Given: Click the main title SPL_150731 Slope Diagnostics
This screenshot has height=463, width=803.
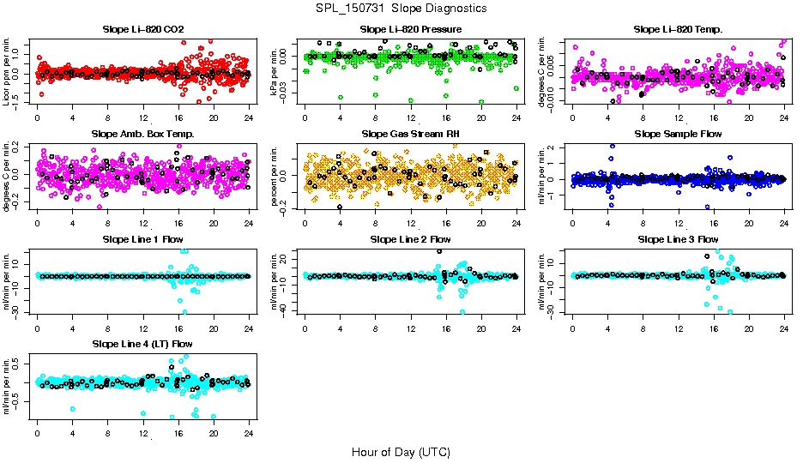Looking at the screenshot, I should click(x=401, y=8).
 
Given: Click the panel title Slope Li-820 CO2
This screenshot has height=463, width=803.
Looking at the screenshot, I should click(x=142, y=29).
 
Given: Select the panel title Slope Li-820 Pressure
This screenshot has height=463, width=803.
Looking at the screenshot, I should click(x=411, y=29).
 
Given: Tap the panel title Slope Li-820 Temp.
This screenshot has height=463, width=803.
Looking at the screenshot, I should click(x=678, y=29).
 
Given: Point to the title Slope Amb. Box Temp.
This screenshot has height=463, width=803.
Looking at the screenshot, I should click(x=142, y=134).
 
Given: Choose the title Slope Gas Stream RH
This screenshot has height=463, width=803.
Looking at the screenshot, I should click(x=411, y=134).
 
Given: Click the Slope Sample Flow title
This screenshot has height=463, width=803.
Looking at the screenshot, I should click(x=678, y=134).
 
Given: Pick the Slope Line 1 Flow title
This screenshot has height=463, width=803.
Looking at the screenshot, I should click(x=142, y=238).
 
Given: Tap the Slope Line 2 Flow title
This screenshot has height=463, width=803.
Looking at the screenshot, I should click(x=411, y=238).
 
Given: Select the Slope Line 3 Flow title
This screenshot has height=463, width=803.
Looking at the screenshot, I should click(x=678, y=238).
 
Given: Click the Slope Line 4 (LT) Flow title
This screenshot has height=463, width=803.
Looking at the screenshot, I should click(x=142, y=344).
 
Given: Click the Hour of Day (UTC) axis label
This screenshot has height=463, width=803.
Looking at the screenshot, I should click(x=401, y=451).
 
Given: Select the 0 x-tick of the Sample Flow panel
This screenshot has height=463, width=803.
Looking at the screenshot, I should click(x=572, y=222).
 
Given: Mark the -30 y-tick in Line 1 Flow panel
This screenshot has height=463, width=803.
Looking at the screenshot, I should click(x=26, y=312).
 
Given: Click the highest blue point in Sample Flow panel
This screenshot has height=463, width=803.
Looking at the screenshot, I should click(x=613, y=146).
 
